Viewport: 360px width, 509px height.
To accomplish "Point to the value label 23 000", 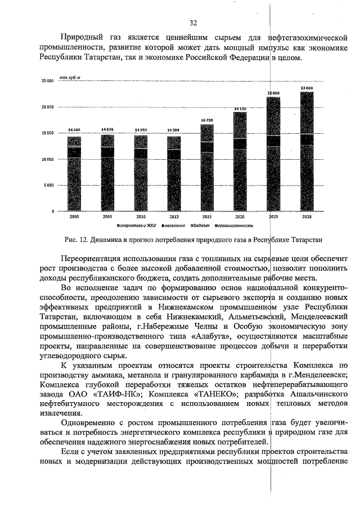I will coord(307,88).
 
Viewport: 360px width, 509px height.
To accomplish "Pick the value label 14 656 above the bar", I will coord(107,129).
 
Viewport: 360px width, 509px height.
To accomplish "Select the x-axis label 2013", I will coord(174,216).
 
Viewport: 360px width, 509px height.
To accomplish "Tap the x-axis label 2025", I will coord(273,216).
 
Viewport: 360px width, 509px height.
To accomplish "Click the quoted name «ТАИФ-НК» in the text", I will coord(114,394).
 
